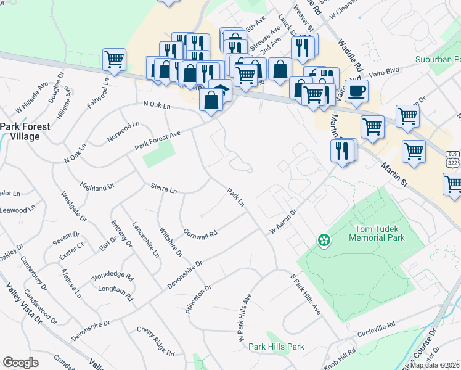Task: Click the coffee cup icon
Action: [356, 92]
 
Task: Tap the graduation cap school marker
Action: [220, 90]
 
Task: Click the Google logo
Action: [20, 363]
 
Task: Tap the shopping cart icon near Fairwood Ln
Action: [115, 60]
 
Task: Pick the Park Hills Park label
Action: [277, 347]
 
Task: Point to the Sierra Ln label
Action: [164, 188]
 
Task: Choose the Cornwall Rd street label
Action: [200, 234]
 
